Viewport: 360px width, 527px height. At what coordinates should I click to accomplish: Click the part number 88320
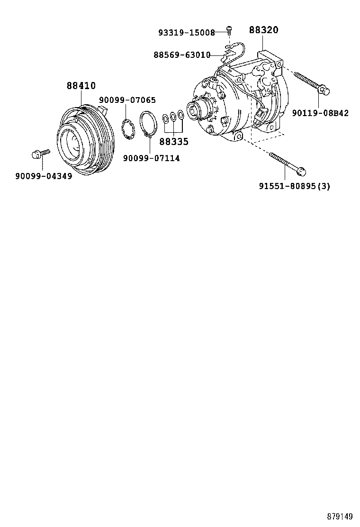tap(263, 30)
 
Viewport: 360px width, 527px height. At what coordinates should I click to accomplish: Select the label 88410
tap(81, 86)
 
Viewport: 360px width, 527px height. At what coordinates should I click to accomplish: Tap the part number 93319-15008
tap(186, 33)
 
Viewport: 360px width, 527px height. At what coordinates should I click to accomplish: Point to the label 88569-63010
tap(182, 55)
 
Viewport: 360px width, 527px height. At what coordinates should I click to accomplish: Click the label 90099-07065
tap(127, 100)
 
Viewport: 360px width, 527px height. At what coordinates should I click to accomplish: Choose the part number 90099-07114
tap(151, 158)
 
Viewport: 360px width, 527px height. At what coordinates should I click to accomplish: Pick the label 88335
tap(173, 141)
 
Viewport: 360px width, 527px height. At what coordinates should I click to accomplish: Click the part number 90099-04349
tap(44, 176)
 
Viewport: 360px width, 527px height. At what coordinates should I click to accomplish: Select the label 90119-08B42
tap(320, 113)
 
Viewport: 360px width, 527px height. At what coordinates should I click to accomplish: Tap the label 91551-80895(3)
tap(294, 186)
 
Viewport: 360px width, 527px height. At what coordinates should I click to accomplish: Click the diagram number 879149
tap(340, 516)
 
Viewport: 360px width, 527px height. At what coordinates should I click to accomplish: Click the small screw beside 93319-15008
tap(228, 30)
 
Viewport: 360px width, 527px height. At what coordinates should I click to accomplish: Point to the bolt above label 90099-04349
tap(40, 154)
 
